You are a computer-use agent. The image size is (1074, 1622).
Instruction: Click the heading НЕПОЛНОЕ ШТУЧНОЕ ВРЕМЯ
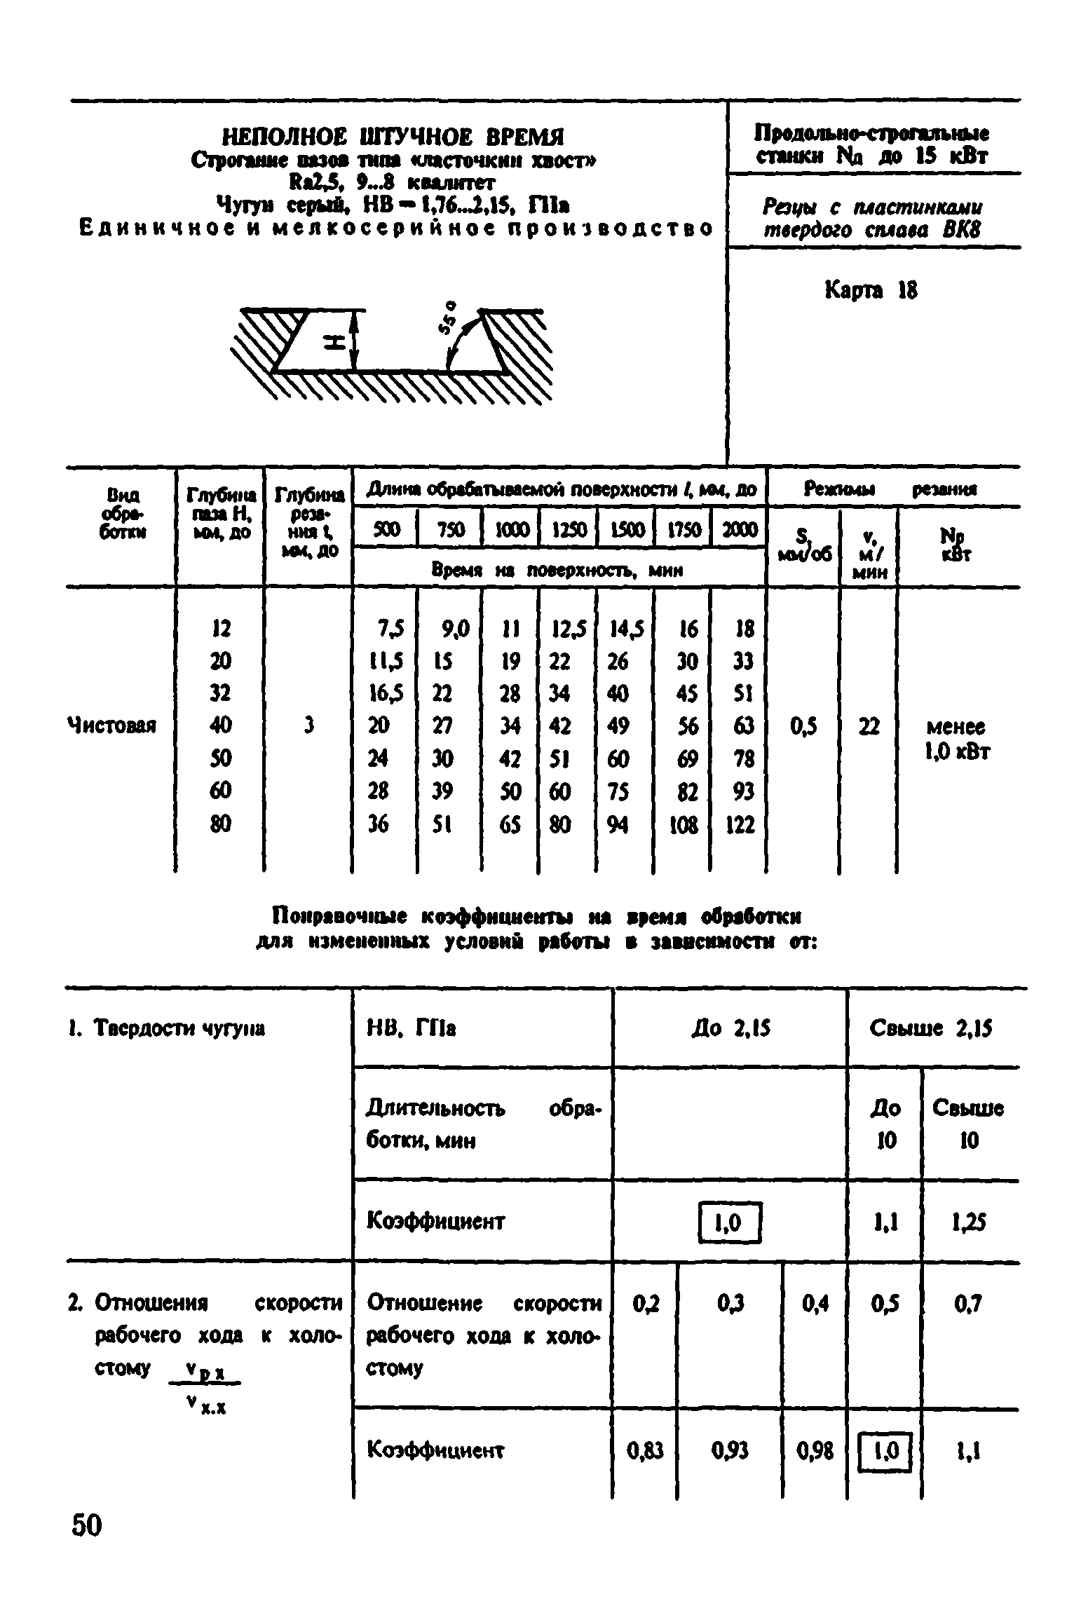point(393,136)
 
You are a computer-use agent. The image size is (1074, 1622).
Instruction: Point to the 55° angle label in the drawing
point(449,320)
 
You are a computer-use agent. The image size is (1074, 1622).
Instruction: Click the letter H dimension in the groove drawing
point(336,341)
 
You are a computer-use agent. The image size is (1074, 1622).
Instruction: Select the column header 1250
point(567,531)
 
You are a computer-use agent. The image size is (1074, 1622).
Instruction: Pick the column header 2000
point(739,531)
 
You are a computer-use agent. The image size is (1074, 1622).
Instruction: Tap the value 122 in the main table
point(740,824)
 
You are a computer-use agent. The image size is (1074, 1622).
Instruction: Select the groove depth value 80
point(220,824)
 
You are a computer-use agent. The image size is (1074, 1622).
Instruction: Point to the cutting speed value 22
point(869,726)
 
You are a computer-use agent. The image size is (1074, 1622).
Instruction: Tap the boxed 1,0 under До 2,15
point(730,1223)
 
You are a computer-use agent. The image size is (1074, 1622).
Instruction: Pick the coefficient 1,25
point(969,1223)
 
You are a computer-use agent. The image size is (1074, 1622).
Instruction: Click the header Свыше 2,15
point(931,1029)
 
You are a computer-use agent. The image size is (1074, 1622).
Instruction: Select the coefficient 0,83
point(644,1450)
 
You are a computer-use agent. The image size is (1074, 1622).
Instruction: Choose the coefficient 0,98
point(815,1450)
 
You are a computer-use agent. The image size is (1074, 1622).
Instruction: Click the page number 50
point(87,1525)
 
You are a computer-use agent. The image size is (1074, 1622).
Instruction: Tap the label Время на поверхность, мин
point(557,571)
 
